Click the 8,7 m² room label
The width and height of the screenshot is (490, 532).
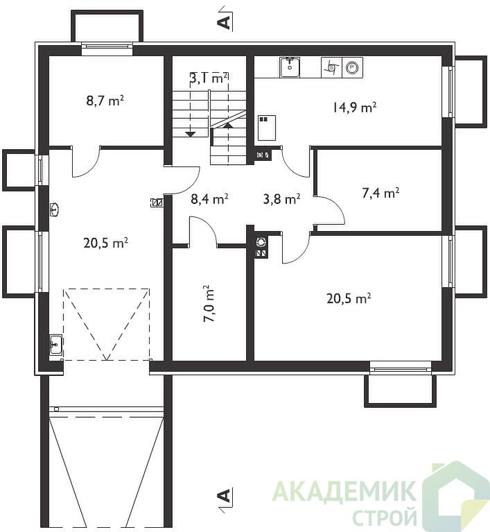point(105,101)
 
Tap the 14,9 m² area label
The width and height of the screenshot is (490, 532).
point(354,108)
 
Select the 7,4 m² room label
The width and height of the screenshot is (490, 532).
point(380,193)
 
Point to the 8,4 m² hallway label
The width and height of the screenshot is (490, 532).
point(209,199)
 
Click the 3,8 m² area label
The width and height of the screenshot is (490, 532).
point(281,199)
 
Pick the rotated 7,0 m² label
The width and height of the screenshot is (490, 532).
point(208,304)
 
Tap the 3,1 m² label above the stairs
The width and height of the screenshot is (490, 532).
point(208,78)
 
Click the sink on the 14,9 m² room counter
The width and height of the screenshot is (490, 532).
point(290,67)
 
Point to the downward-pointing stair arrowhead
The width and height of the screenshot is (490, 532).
point(191,134)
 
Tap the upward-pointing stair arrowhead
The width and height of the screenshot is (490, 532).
point(229,126)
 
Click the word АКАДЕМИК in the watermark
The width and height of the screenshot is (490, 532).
point(344,490)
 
